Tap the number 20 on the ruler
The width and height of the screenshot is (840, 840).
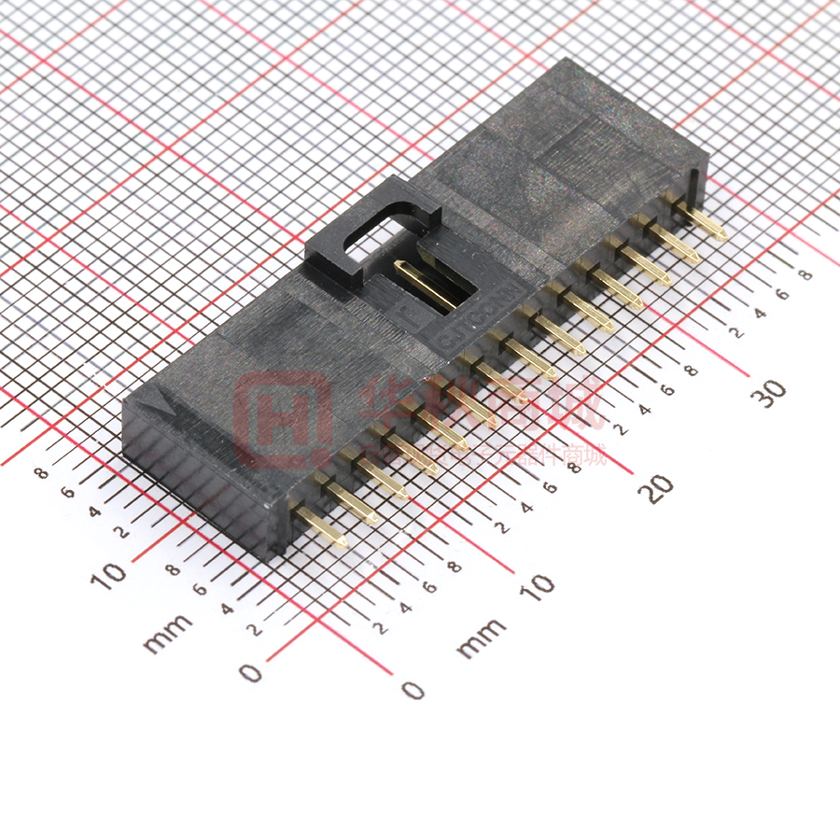pos(659,487)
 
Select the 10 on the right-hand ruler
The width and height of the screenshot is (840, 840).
pos(538,587)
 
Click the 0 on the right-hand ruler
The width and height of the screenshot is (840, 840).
pos(412,690)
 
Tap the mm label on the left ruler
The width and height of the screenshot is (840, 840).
pos(168,632)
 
